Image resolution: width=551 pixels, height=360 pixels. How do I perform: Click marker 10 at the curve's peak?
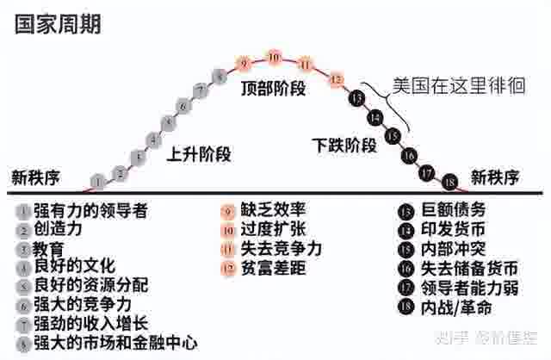click(x=274, y=59)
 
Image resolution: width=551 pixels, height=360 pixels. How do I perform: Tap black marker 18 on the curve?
click(x=449, y=182)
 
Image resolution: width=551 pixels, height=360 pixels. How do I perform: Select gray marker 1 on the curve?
click(x=99, y=182)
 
